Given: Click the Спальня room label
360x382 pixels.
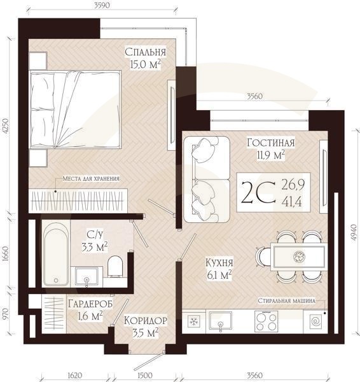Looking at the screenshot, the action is coord(145,52).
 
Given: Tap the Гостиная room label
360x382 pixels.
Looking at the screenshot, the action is coord(271,143).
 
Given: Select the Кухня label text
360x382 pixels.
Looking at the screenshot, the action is coord(219,263).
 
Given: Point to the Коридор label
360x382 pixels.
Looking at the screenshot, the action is coord(146,321).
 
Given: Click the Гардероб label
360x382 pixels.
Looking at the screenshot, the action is coord(90,304).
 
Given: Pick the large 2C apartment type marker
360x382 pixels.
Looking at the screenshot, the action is coord(258,192).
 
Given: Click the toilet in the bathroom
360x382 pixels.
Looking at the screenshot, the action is coord(115,266).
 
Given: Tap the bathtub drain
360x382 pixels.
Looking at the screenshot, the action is coord(56,280).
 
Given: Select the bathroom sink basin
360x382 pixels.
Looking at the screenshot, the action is coord(87,276).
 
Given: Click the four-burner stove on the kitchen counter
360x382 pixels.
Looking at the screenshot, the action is coord(267,321).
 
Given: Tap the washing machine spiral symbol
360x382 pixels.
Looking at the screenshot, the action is coord(315,322).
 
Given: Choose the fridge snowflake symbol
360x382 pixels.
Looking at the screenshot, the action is coord(194,321).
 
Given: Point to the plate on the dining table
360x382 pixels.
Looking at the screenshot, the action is coord(298,257).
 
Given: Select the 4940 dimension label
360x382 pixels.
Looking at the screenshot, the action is coord(354,232).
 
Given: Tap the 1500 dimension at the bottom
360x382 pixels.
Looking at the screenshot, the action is coord(145,376).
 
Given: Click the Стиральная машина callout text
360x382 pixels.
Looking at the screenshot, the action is coord(286,301).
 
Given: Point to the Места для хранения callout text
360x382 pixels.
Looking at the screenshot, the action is coord(91,178).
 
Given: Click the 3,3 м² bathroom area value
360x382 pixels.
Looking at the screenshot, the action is coord(94,247).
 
